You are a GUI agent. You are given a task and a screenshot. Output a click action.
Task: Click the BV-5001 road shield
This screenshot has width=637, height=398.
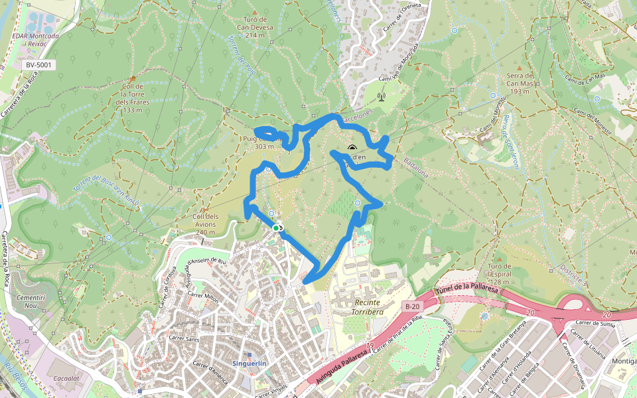coord(38,65)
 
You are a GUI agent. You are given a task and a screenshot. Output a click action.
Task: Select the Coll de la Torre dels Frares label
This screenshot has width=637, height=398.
coord(132,98)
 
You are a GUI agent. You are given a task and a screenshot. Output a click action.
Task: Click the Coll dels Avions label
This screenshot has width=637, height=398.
coord(205,224)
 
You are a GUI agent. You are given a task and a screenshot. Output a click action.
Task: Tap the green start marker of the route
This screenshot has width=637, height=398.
coord(276,228)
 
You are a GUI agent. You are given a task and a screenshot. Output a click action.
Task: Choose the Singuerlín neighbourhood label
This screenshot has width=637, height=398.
coord(249,364)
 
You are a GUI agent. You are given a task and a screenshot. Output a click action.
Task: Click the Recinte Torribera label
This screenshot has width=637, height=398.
coord(358,307)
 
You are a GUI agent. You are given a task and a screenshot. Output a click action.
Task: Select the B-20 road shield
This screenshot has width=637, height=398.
coord(411,306)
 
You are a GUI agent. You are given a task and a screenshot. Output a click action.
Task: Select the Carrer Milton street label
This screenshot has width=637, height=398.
coord(203,298)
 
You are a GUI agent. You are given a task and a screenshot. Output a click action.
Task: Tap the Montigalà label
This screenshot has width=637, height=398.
coord(623,360)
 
